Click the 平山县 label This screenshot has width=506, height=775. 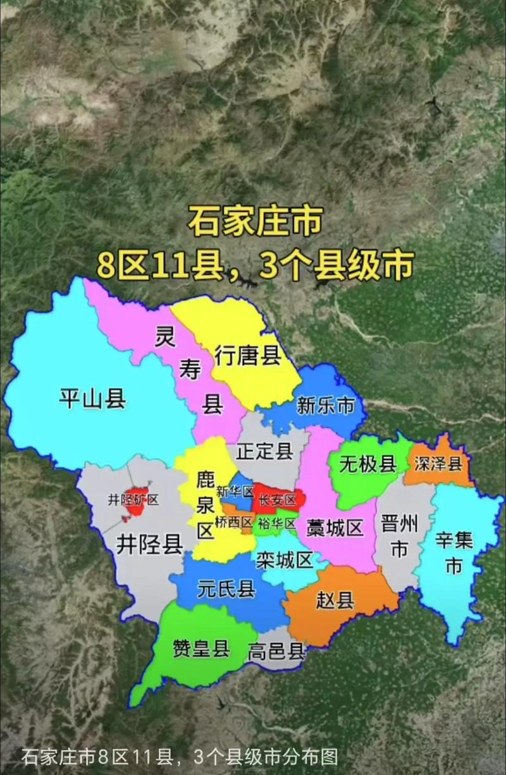point(92,400)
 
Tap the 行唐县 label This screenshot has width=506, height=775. point(247,355)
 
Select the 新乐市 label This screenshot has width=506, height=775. point(326,405)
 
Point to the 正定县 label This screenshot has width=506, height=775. point(264,451)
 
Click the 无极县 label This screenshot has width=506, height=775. point(367,465)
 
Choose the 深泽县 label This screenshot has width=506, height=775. point(438,465)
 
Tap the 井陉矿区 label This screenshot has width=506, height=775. point(133,500)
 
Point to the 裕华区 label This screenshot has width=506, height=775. point(277,523)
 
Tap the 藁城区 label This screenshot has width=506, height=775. point(335,527)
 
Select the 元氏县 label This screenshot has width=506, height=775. point(226,589)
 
